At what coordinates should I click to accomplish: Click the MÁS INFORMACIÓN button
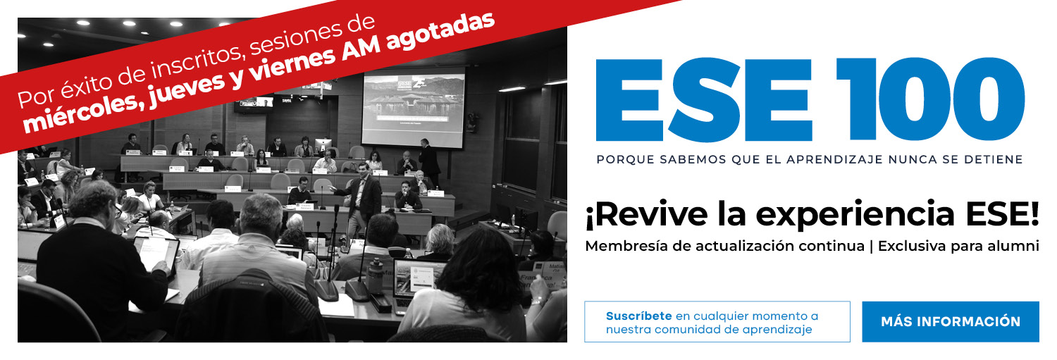(x=951, y=322)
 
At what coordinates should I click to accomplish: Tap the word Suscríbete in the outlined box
(x=638, y=316)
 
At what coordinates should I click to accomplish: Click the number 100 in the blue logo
(x=931, y=99)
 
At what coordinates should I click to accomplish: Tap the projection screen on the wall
(x=414, y=108)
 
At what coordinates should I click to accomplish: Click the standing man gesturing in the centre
(x=361, y=201)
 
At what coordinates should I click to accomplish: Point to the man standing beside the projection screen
(x=429, y=161)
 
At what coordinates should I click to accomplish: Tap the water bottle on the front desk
(x=375, y=275)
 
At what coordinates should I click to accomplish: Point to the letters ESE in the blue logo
(x=704, y=99)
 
